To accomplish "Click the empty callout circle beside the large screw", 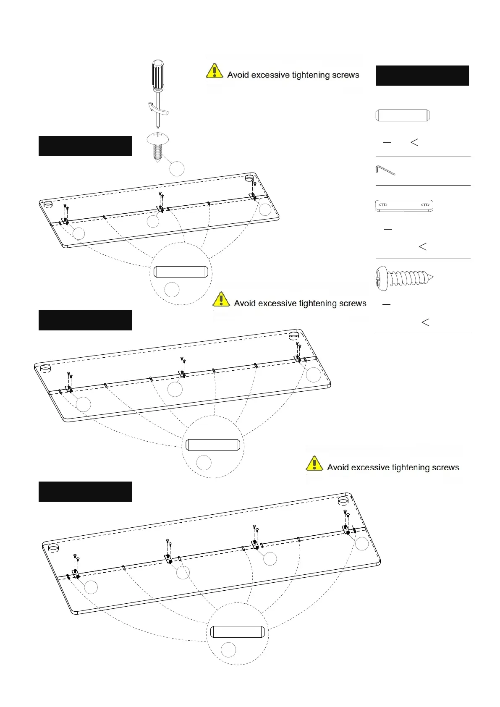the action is tap(177, 169).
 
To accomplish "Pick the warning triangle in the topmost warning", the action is tap(214, 71).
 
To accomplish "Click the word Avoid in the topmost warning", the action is tap(238, 75).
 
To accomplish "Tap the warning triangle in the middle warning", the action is tap(221, 300).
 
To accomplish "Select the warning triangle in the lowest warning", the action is tap(314, 464).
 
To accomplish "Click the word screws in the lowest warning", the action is tap(445, 468).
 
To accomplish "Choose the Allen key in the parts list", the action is tap(385, 170).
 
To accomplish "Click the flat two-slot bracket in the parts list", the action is tap(404, 206).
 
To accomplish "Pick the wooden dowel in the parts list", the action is tap(403, 115).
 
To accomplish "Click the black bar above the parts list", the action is tap(422, 76).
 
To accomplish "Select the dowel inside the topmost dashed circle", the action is tap(181, 272).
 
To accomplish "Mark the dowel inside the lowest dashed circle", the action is tap(237, 632).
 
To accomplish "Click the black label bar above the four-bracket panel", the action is tap(85, 492).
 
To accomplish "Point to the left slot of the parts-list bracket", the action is tap(383, 205).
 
